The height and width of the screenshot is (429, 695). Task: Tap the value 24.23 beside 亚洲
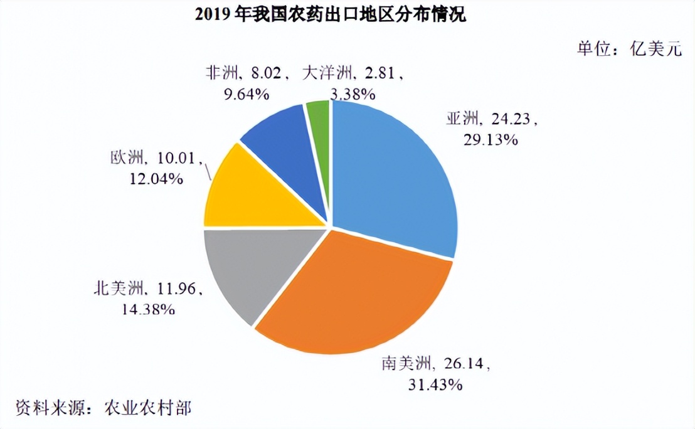click(x=511, y=118)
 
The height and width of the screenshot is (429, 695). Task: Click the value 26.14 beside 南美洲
click(x=464, y=363)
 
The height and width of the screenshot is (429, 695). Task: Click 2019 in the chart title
click(x=213, y=15)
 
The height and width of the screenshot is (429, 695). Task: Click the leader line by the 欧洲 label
click(x=209, y=171)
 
